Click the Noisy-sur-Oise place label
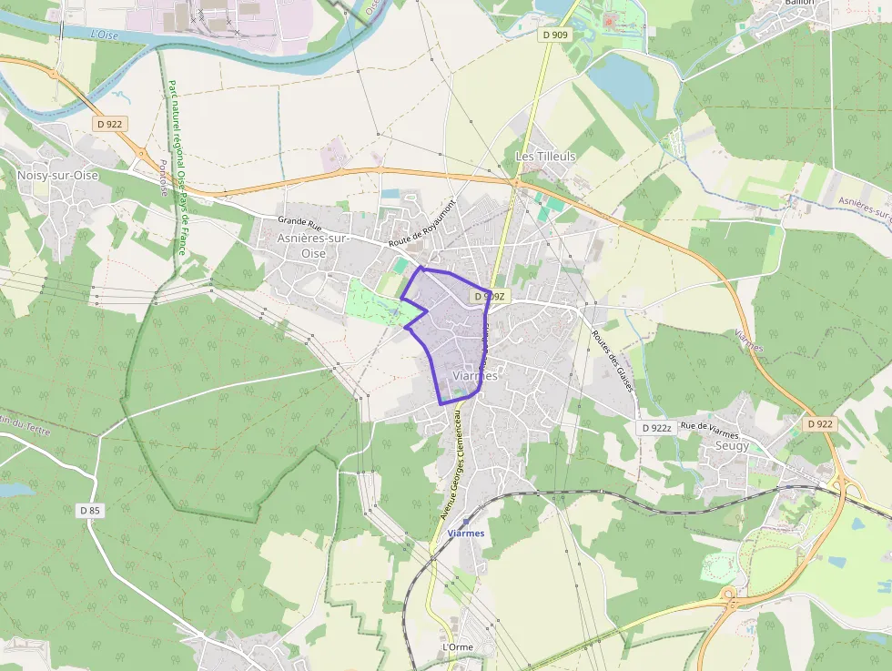[57, 175]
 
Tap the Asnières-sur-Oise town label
[313, 245]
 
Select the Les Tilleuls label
[546, 156]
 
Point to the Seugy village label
[732, 446]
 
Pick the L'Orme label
[457, 646]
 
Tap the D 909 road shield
[554, 35]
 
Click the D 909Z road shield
[487, 297]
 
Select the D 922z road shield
[655, 428]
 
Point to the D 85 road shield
[89, 511]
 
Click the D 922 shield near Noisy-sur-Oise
[109, 123]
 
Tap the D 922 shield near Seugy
[819, 424]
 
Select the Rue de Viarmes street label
[709, 426]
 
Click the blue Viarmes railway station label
[466, 534]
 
